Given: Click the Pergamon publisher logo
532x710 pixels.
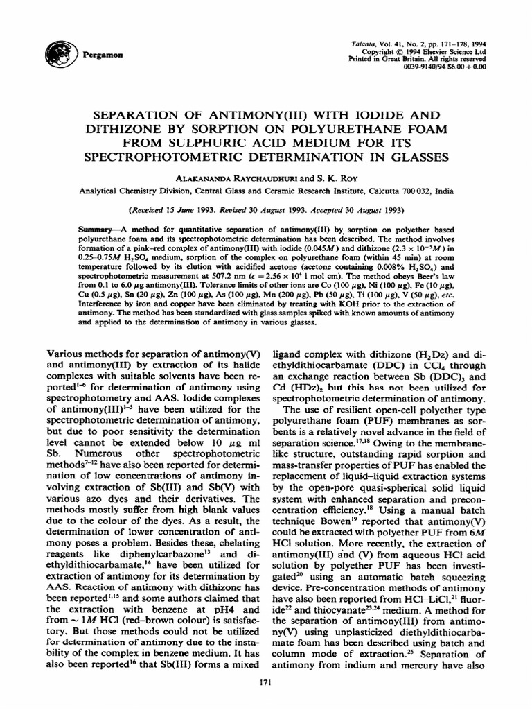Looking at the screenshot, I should click(x=57, y=51).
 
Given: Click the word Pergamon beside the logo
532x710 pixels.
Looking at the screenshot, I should click(x=93, y=53).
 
